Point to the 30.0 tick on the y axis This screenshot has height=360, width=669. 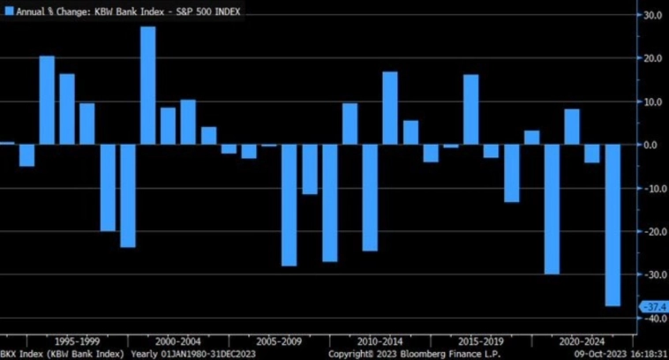click(x=653, y=15)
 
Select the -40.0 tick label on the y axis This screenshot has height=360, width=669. click(x=653, y=319)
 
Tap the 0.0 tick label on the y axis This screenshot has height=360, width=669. click(x=655, y=145)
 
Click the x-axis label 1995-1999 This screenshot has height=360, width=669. click(x=76, y=340)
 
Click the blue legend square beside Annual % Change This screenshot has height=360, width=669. click(x=8, y=12)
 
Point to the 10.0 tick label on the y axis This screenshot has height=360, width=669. click(x=653, y=101)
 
